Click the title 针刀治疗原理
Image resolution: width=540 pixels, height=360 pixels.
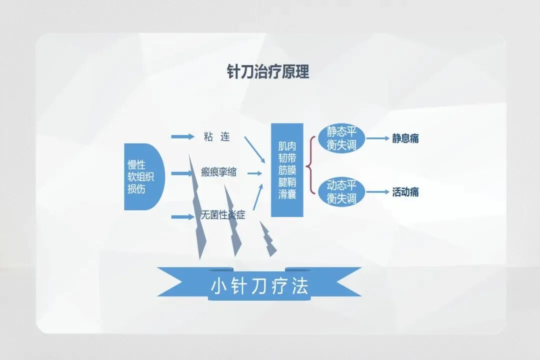click(x=268, y=72)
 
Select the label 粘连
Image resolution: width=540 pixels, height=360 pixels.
click(x=216, y=136)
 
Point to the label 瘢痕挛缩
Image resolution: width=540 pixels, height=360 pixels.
click(x=218, y=173)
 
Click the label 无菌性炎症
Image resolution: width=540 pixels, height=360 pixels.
click(x=223, y=216)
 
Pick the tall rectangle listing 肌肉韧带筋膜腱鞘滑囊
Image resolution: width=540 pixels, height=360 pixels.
click(x=287, y=170)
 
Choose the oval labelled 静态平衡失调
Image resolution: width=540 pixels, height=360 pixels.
click(x=341, y=137)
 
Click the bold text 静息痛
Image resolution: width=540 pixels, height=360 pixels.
click(x=405, y=138)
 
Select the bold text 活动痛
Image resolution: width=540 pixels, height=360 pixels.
click(x=405, y=192)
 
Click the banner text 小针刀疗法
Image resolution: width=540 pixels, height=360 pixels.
click(x=259, y=286)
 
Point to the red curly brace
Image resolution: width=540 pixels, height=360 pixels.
click(x=310, y=165)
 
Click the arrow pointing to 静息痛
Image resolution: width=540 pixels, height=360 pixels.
click(x=378, y=138)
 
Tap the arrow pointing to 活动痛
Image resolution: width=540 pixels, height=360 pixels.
click(x=378, y=192)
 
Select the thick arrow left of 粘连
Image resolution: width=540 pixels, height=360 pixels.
click(x=182, y=136)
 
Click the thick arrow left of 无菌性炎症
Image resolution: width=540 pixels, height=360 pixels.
click(x=182, y=216)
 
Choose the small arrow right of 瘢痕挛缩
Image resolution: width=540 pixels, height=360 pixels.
click(x=254, y=173)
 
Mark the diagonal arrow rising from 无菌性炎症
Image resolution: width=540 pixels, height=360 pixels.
click(x=257, y=197)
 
